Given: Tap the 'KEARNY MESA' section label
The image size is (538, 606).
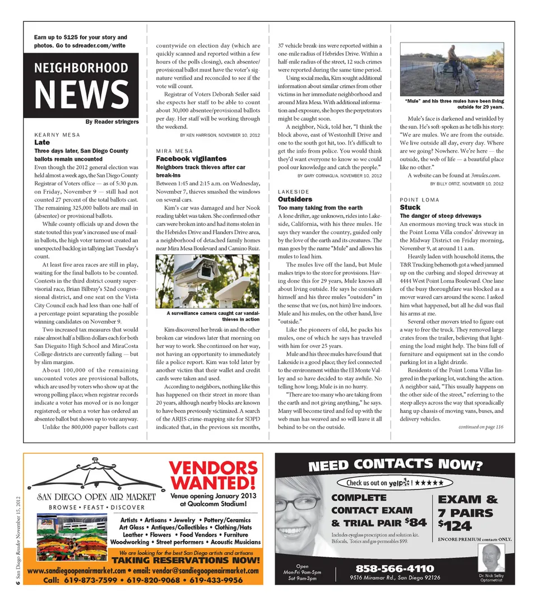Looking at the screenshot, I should pyautogui.click(x=57, y=135).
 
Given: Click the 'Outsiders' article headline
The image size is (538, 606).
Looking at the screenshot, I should pyautogui.click(x=295, y=199).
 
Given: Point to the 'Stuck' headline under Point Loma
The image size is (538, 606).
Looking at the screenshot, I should pyautogui.click(x=410, y=207).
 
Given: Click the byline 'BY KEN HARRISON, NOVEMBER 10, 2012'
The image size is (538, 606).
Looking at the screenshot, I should pyautogui.click(x=220, y=136).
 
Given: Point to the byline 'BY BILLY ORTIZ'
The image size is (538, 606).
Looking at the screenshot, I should pyautogui.click(x=466, y=184).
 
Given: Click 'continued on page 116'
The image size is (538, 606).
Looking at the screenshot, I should pyautogui.click(x=480, y=427).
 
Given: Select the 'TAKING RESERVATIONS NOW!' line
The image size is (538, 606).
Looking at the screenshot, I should pyautogui.click(x=189, y=561).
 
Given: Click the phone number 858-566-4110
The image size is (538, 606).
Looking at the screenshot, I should pyautogui.click(x=394, y=569).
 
